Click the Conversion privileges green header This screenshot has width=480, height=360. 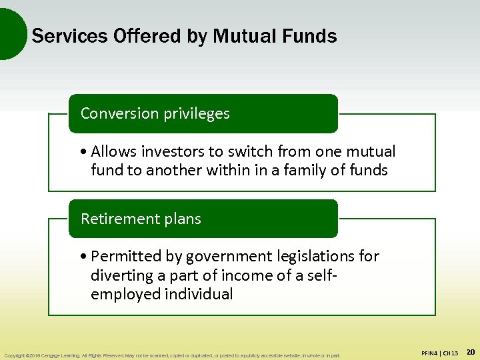coord(203,113)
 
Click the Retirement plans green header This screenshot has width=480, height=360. coord(203,219)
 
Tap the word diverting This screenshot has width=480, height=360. coord(121,275)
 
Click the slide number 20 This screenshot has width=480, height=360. coord(469,351)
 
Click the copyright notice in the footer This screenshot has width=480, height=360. coord(172,355)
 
